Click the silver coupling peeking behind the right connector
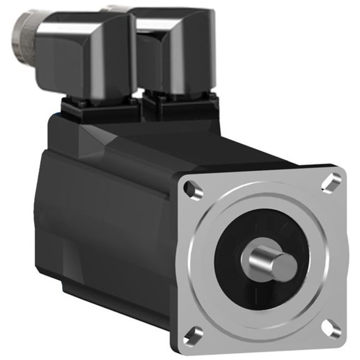click(116, 9)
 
